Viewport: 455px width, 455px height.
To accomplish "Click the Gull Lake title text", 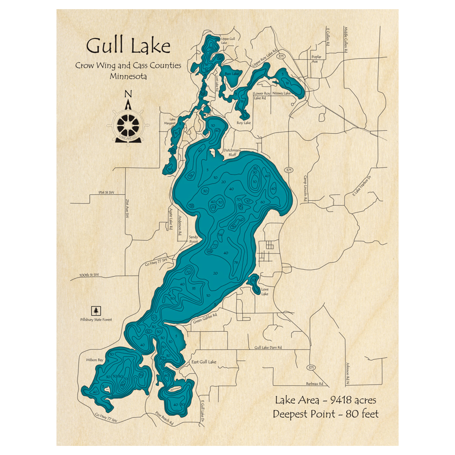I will [x=128, y=46].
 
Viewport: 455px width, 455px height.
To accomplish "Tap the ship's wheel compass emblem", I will [x=128, y=124].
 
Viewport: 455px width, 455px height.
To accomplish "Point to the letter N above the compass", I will [x=128, y=94].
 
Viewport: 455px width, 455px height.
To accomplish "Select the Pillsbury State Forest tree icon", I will [x=96, y=310].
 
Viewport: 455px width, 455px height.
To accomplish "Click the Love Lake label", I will [x=265, y=291].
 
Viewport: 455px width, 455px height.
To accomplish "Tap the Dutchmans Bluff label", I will [x=230, y=152].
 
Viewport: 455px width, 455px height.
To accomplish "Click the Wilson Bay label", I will [x=95, y=360].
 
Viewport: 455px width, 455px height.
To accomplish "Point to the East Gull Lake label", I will [x=203, y=362].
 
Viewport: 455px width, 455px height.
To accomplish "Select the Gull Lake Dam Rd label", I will [x=268, y=347].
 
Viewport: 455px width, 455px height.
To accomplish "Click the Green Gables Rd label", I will [x=209, y=317].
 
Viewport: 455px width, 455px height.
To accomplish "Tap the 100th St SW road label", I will [x=89, y=275].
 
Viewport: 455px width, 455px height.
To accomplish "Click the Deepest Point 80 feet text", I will [x=325, y=414].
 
